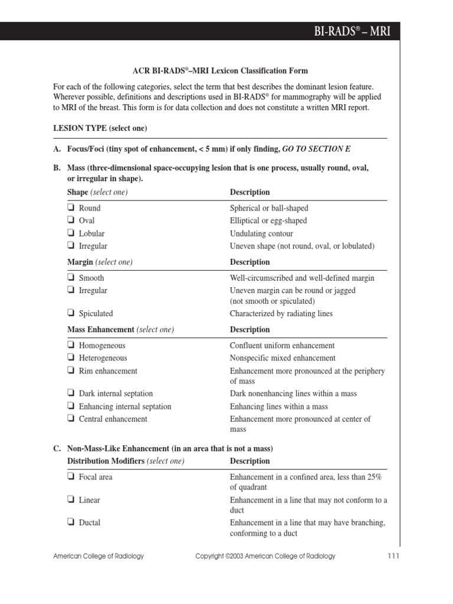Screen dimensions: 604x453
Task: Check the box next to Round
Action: click(x=71, y=208)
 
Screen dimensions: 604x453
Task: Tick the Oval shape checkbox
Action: click(x=71, y=221)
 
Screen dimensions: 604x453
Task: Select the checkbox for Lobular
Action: click(x=71, y=233)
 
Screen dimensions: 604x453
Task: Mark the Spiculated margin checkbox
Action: click(x=71, y=313)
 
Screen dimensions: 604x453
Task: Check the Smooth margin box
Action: click(x=71, y=278)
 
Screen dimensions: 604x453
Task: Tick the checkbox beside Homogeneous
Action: click(x=71, y=346)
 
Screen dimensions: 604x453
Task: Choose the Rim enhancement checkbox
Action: click(x=71, y=371)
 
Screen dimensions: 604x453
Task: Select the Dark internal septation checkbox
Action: click(x=71, y=393)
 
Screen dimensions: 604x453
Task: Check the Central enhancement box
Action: click(x=71, y=419)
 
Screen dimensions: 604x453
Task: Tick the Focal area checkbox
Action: click(x=71, y=477)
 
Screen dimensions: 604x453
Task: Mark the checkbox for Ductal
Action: click(x=71, y=522)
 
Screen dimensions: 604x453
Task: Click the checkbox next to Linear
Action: click(x=71, y=500)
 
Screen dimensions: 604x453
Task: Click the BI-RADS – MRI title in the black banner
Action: click(x=352, y=31)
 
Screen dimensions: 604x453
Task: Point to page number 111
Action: click(x=393, y=556)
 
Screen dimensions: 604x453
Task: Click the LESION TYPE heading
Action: click(x=100, y=128)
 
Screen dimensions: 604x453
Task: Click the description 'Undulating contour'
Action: click(x=261, y=234)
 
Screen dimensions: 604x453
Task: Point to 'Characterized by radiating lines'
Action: click(x=281, y=314)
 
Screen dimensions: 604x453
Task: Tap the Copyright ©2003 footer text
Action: click(x=265, y=556)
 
